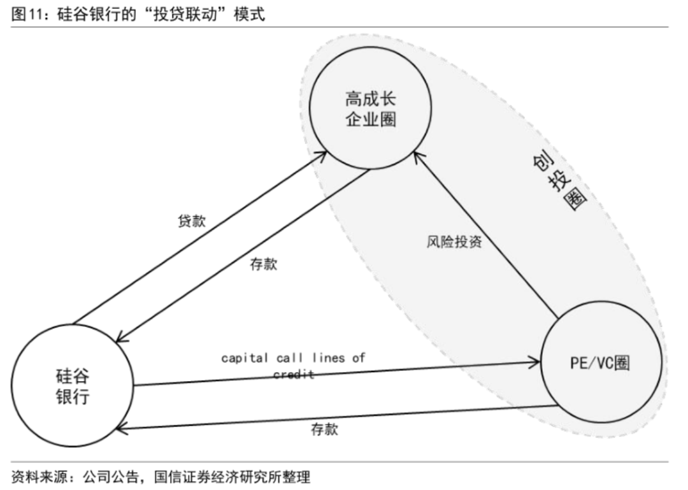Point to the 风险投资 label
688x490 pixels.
point(454,242)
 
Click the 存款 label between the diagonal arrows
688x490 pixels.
point(264,264)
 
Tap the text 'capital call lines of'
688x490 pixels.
point(293,357)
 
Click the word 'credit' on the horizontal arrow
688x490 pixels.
point(294,375)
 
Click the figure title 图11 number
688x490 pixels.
point(27,15)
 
